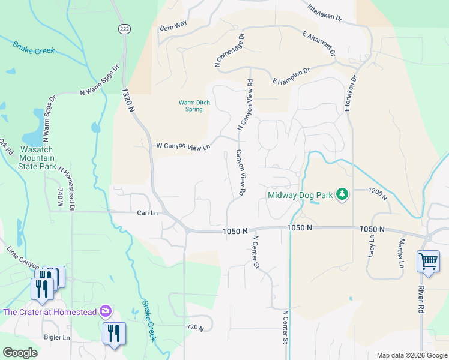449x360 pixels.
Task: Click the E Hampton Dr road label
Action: [291, 76]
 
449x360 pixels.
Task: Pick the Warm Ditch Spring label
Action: [194, 106]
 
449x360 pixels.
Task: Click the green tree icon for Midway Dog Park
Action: [342, 194]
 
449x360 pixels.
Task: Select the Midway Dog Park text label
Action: [299, 195]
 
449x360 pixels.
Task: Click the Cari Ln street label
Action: [147, 213]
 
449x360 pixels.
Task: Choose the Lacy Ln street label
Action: [371, 247]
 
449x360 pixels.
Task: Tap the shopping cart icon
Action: [429, 262]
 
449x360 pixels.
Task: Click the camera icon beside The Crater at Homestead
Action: [106, 311]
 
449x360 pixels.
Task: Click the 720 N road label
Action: [196, 328]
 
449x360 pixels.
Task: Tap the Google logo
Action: [20, 353]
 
